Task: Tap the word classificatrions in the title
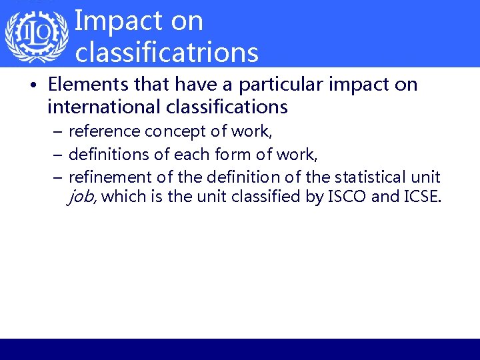click(167, 52)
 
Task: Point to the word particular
click(268, 85)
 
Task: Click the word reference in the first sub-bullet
click(104, 131)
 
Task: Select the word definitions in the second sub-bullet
click(106, 155)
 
